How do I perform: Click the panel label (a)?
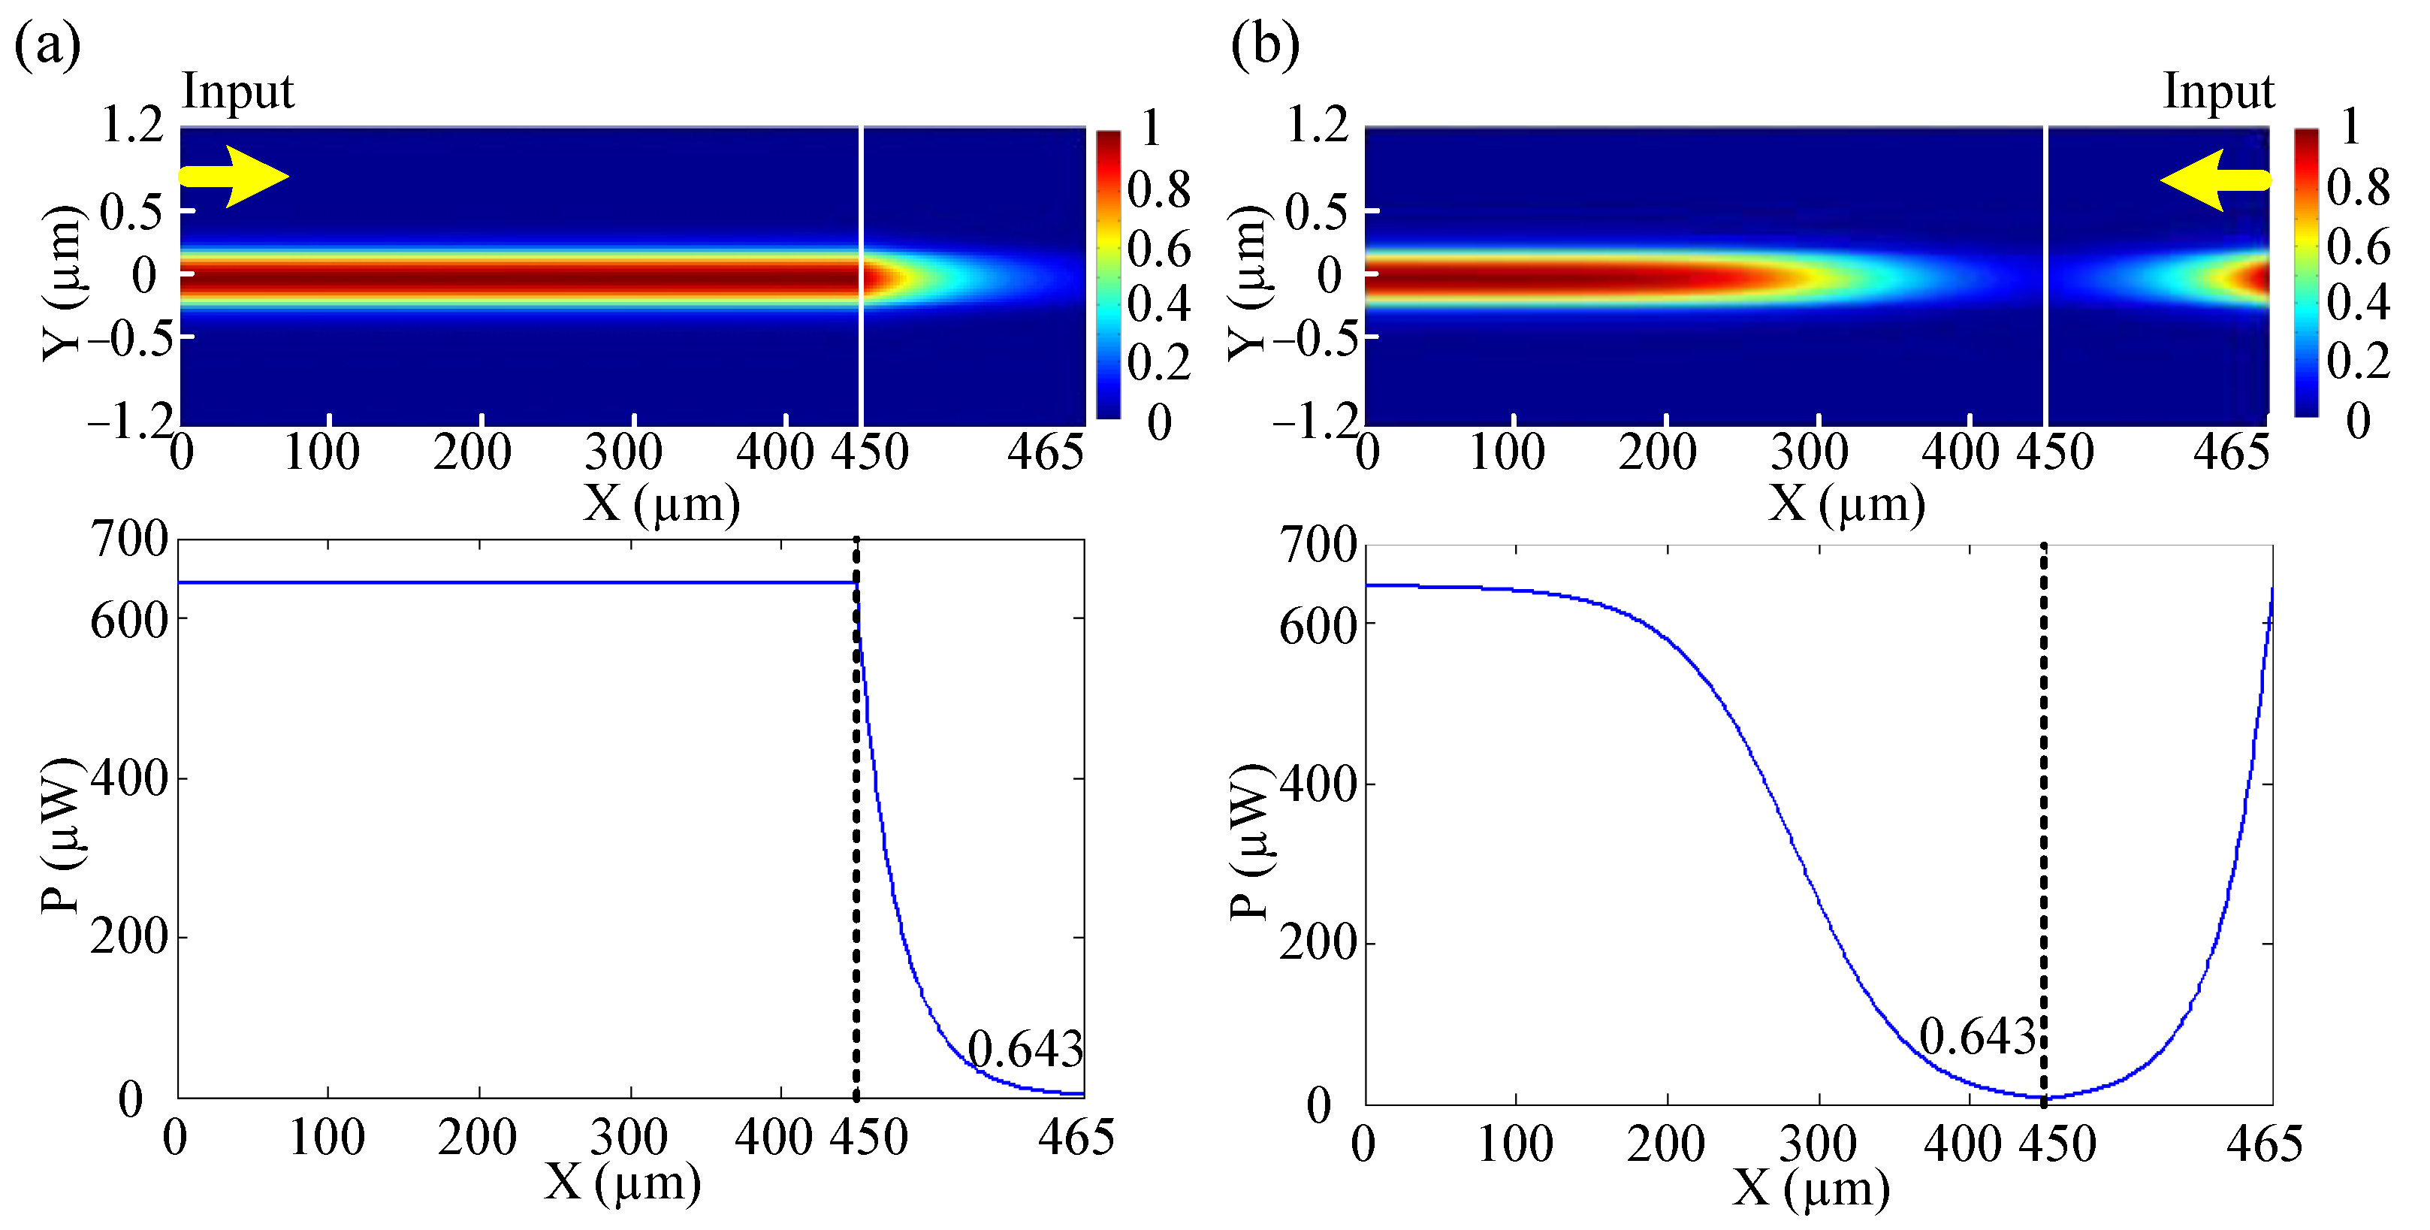tap(47, 45)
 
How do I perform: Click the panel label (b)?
tap(1265, 45)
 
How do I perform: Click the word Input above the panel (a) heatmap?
tap(237, 92)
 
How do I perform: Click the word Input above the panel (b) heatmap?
tap(2217, 92)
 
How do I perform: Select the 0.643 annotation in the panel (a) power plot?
tap(1025, 1050)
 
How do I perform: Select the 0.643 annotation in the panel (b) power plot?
tap(1977, 1038)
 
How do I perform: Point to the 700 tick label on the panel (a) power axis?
tap(129, 540)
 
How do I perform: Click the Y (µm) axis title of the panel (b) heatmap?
tap(1248, 283)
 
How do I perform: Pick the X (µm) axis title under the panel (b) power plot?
tap(1810, 1189)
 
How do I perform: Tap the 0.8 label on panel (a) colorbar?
tap(1158, 191)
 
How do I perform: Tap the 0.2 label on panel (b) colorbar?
tap(2357, 361)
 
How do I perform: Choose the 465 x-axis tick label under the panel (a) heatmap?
tap(1044, 453)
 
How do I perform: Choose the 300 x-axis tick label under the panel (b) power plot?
tap(1818, 1144)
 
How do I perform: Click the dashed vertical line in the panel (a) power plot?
tap(856, 849)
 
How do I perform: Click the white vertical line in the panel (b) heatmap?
tap(2044, 276)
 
